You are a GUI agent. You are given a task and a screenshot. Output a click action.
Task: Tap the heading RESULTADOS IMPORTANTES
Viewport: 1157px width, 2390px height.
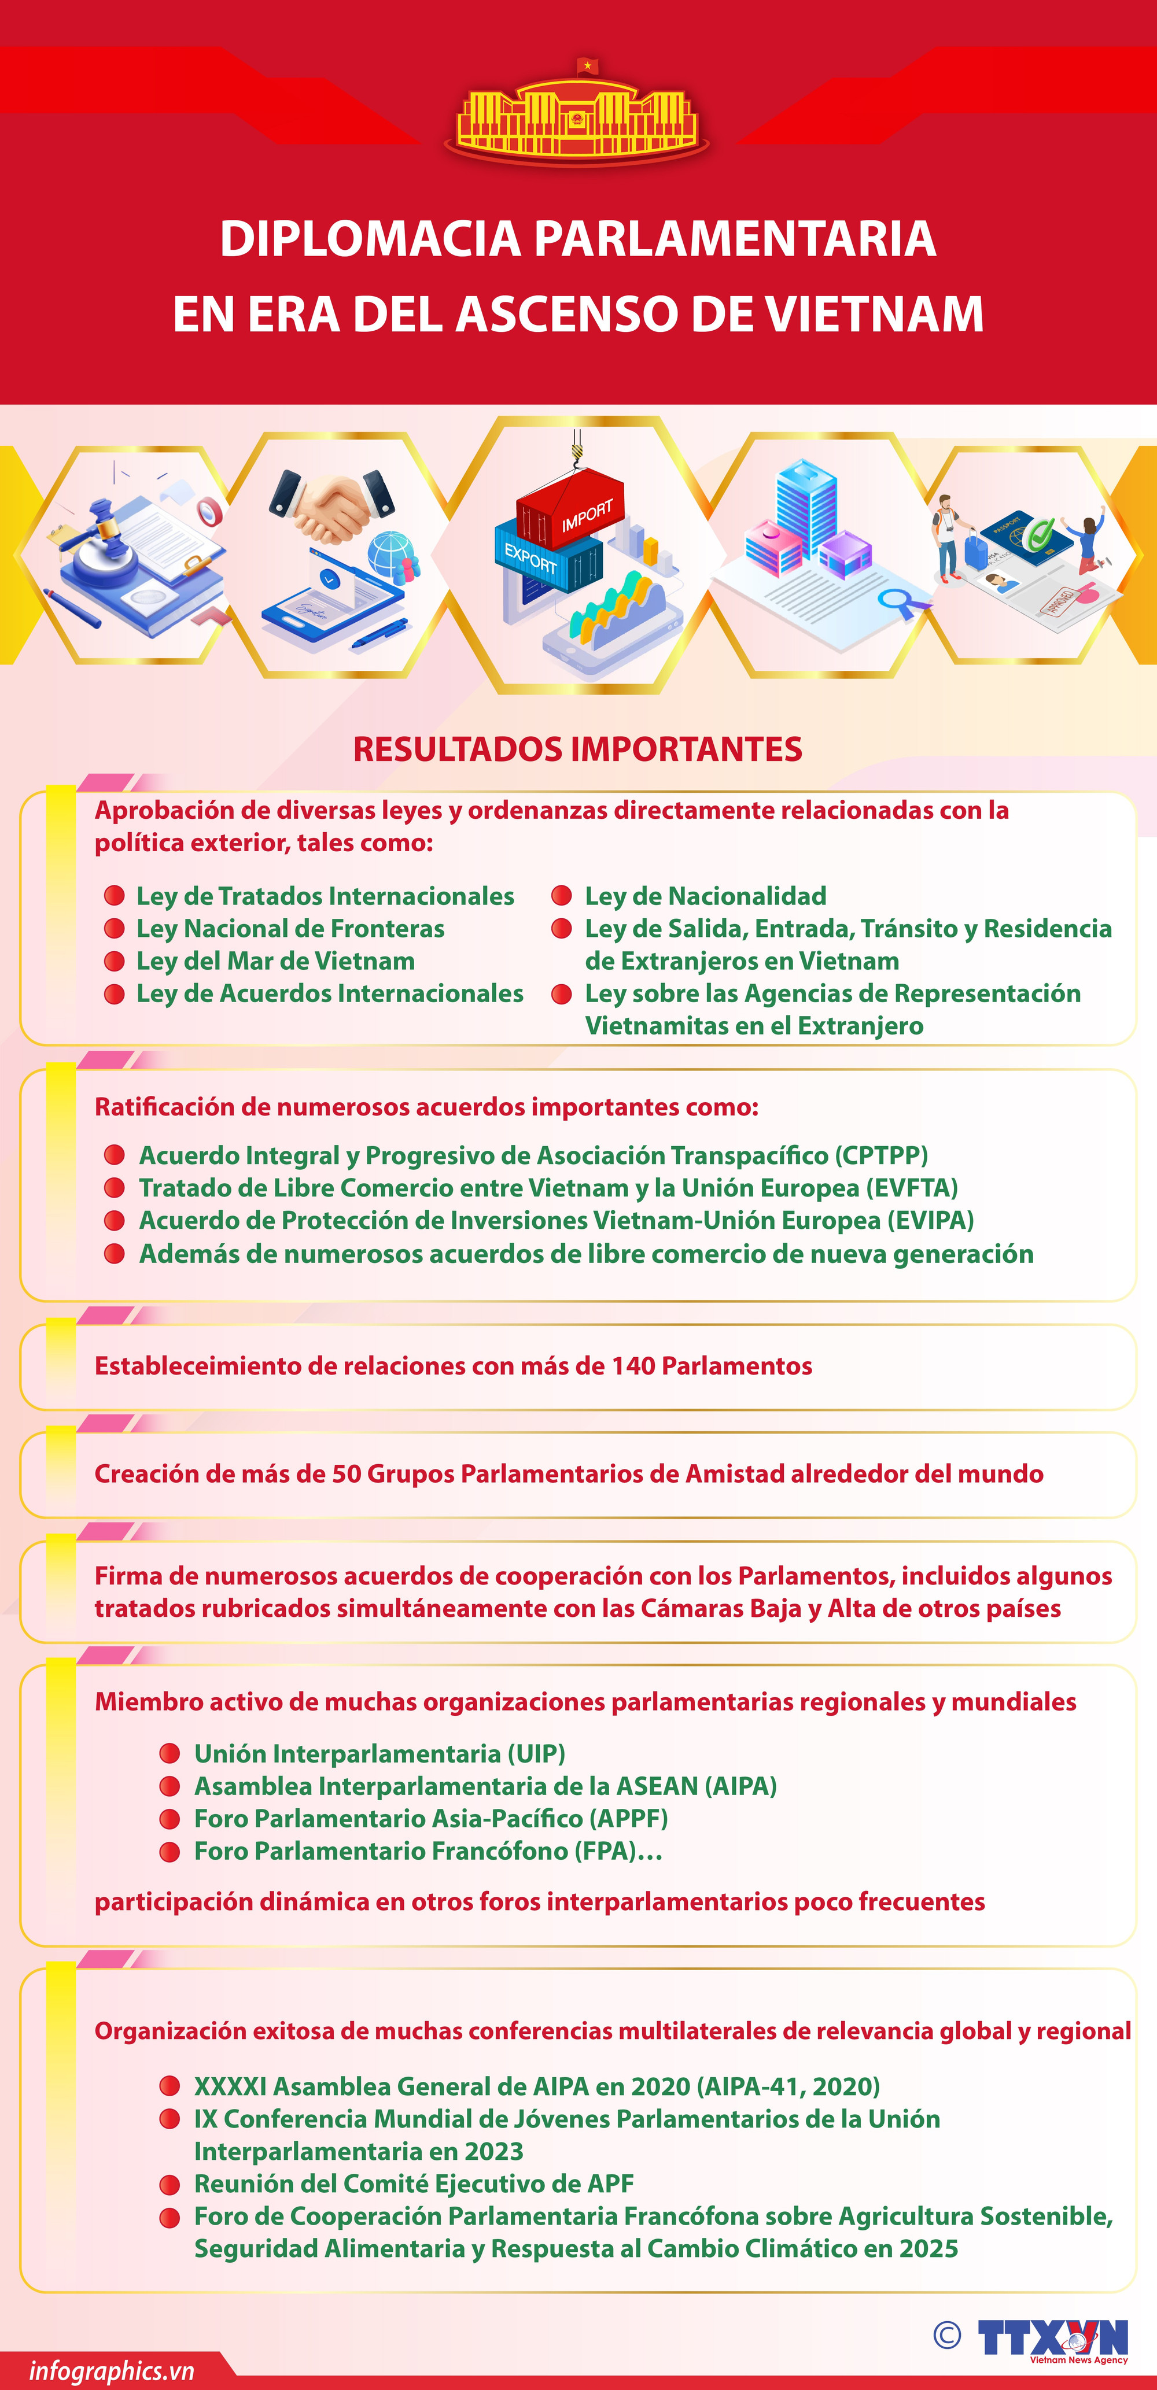pos(577,749)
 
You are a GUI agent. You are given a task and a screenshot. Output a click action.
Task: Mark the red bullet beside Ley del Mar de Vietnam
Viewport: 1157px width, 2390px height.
pos(114,961)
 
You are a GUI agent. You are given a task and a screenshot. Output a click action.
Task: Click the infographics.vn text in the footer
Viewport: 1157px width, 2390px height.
pos(111,2371)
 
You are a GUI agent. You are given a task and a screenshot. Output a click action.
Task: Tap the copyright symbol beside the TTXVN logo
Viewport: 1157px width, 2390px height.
pos(946,2335)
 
